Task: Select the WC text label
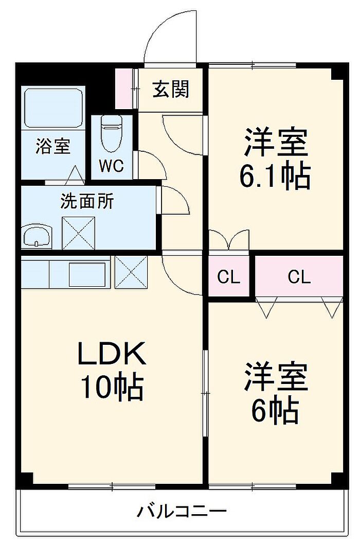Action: click(x=112, y=166)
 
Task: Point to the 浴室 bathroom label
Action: click(x=52, y=146)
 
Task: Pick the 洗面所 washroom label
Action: click(x=87, y=201)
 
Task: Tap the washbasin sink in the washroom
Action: click(x=37, y=236)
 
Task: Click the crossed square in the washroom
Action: click(x=79, y=233)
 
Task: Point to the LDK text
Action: click(x=112, y=354)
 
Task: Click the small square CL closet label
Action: click(x=228, y=277)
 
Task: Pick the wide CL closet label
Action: click(x=299, y=277)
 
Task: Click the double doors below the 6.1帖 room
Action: click(x=229, y=241)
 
